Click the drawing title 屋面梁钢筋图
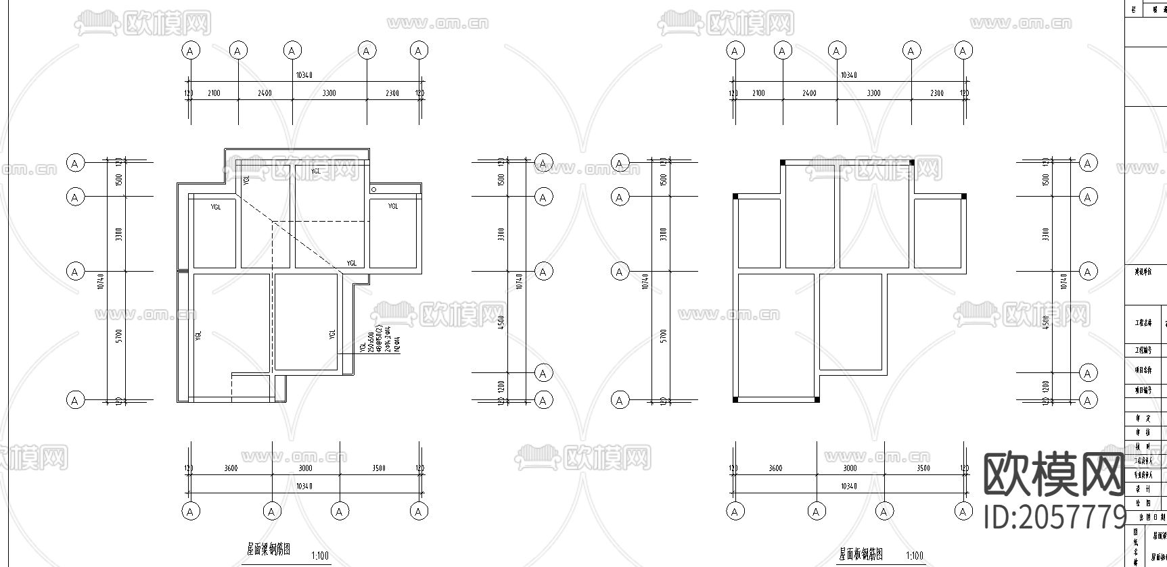[269, 550]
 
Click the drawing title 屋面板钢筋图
[861, 555]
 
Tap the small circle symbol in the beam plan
[373, 189]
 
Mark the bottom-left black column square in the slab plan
[735, 399]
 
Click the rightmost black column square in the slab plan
[963, 197]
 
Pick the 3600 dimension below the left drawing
[230, 468]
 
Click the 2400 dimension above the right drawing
[809, 93]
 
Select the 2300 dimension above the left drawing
[392, 93]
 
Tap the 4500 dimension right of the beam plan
[501, 322]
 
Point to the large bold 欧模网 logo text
[1053, 475]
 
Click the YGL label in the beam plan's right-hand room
[393, 206]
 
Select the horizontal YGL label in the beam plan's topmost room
[316, 172]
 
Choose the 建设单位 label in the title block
[1143, 272]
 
